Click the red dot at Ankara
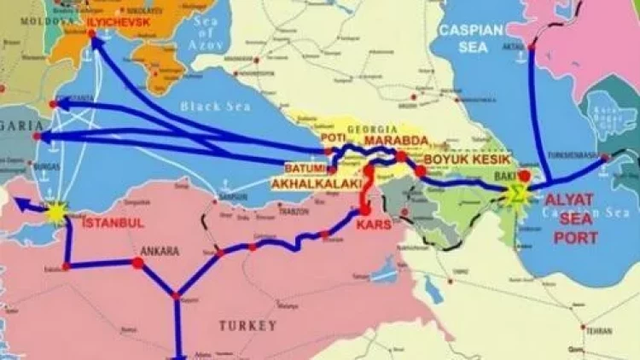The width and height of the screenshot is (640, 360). tap(138, 264)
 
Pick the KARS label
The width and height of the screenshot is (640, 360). tap(376, 224)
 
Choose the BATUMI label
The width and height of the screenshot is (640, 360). tap(305, 167)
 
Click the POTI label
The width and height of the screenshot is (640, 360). tap(332, 136)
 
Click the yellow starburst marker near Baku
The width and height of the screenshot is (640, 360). tap(515, 193)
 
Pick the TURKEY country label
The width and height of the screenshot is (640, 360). tap(247, 325)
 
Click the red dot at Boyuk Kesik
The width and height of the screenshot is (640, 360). tap(421, 171)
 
